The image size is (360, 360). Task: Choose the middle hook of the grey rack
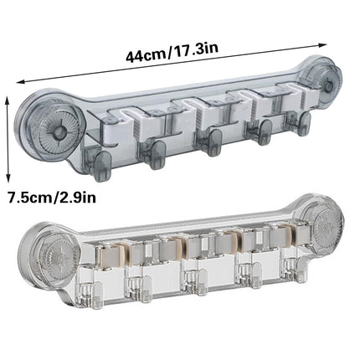tap(213, 140)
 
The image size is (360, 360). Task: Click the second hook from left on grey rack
tap(156, 151)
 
